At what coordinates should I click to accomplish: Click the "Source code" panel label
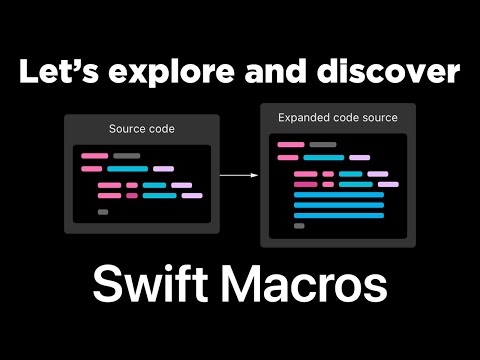pyautogui.click(x=138, y=130)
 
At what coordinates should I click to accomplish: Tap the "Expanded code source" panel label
pyautogui.click(x=337, y=118)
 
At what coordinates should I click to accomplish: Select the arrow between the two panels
pyautogui.click(x=238, y=175)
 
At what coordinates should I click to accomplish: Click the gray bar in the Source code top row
pyautogui.click(x=126, y=156)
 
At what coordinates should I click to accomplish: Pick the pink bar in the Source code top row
pyautogui.click(x=94, y=156)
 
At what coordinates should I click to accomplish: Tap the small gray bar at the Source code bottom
pyautogui.click(x=103, y=212)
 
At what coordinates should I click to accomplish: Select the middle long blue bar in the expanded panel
pyautogui.click(x=339, y=205)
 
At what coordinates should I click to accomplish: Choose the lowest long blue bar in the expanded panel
pyautogui.click(x=339, y=215)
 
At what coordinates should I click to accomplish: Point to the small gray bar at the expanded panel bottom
pyautogui.click(x=299, y=226)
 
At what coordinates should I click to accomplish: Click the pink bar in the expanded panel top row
pyautogui.click(x=291, y=145)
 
